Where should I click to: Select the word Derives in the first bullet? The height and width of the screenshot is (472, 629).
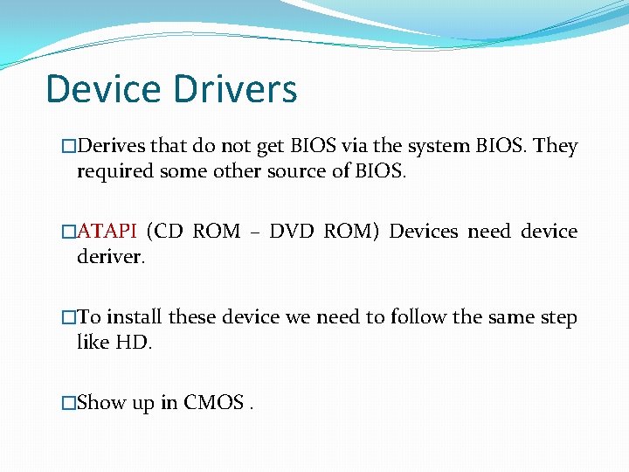click(112, 146)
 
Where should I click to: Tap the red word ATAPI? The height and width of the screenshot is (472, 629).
click(107, 232)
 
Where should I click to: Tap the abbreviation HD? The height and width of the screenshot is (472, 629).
click(135, 342)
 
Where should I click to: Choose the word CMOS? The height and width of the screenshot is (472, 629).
click(214, 403)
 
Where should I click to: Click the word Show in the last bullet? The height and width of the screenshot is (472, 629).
click(101, 403)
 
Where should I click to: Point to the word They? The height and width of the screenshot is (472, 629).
click(556, 146)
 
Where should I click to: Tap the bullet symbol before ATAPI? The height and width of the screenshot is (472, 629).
click(69, 233)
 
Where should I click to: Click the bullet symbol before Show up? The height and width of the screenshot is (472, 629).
click(69, 403)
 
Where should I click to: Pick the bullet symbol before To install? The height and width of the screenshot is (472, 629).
click(69, 318)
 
